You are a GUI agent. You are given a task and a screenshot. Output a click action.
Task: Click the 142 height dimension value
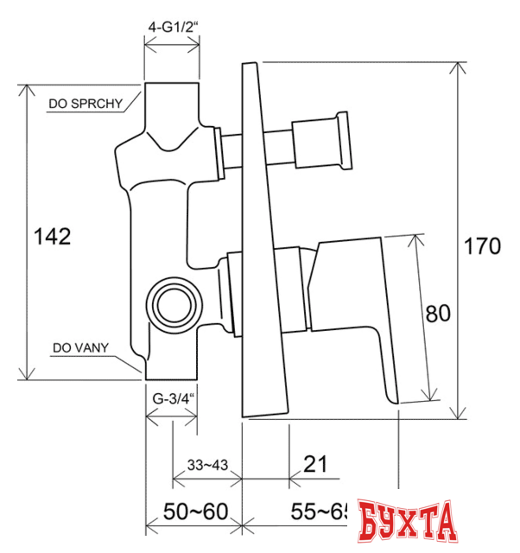52,237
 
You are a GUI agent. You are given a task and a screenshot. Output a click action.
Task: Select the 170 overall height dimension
481,246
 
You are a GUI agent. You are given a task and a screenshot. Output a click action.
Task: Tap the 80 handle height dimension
438,314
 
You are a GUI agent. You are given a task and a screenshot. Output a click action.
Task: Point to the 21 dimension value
316,464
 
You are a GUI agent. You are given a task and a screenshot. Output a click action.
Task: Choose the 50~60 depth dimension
193,512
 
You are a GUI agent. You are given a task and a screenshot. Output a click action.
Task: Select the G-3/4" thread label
171,399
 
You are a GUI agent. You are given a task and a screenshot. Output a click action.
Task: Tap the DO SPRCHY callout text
84,104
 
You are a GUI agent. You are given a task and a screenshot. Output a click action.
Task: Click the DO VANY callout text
79,348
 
